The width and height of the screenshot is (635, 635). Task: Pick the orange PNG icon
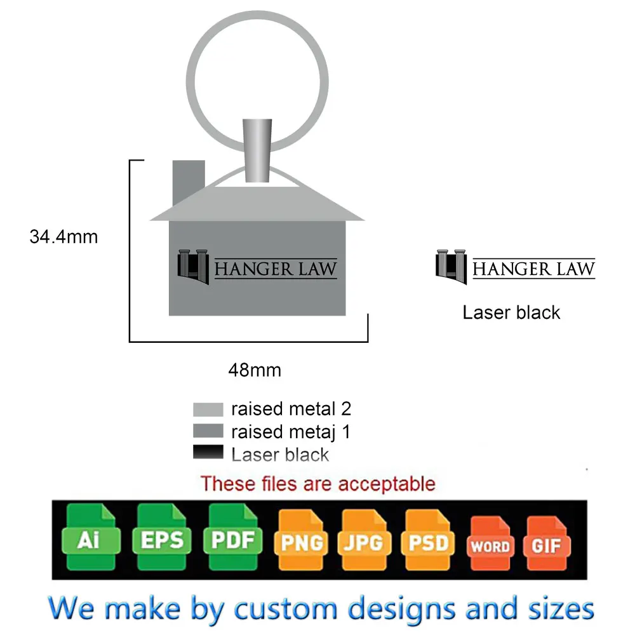(301, 541)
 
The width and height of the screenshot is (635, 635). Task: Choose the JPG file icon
(364, 541)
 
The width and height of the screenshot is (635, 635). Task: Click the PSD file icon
(429, 541)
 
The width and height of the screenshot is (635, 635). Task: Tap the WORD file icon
(490, 545)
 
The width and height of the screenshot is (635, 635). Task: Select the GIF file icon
(546, 545)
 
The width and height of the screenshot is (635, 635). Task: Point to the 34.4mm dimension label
(63, 237)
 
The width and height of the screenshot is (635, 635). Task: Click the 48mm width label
(255, 370)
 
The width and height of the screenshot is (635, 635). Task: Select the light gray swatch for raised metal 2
(208, 409)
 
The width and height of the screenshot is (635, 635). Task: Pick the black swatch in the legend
(208, 453)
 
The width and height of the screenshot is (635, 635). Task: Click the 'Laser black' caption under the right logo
(511, 312)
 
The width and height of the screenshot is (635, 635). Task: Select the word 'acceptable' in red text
(387, 484)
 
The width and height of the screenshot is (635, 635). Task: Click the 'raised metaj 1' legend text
(290, 432)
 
